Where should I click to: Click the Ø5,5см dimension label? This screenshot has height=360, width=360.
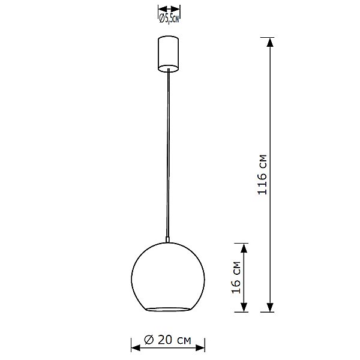pyautogui.click(x=169, y=19)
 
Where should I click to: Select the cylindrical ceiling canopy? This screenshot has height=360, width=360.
pyautogui.click(x=169, y=53)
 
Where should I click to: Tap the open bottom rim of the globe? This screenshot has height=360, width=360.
pyautogui.click(x=169, y=309)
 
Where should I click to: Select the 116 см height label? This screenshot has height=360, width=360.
pyautogui.click(x=262, y=175)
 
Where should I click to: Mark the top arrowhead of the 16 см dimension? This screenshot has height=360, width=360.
pyautogui.click(x=244, y=247)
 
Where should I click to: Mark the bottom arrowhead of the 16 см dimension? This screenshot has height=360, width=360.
pyautogui.click(x=244, y=307)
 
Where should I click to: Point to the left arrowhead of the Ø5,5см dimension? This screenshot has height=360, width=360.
pyautogui.click(x=161, y=10)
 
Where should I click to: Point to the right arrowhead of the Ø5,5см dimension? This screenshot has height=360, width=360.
pyautogui.click(x=178, y=10)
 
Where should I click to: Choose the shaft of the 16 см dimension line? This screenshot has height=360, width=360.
pyautogui.click(x=244, y=277)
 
